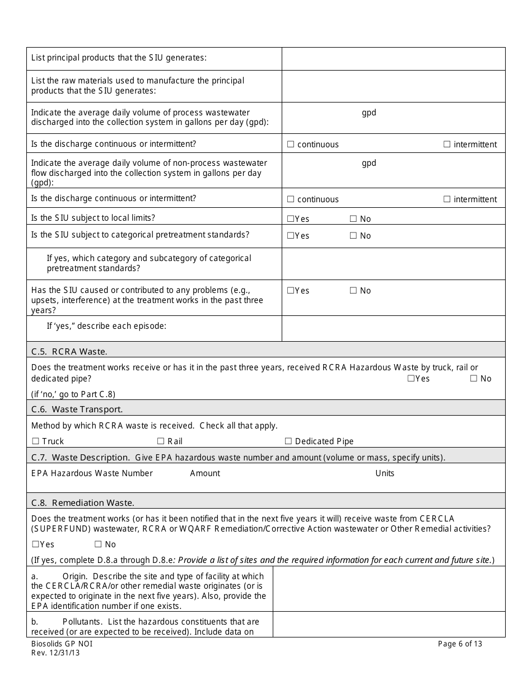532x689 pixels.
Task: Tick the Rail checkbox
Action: pyautogui.click(x=161, y=441)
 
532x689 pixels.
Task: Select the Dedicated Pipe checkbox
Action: pyautogui.click(x=288, y=441)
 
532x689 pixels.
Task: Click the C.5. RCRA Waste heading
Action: pyautogui.click(x=69, y=351)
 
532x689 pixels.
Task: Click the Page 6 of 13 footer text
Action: pyautogui.click(x=460, y=644)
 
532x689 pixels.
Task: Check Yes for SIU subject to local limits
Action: pyautogui.click(x=291, y=219)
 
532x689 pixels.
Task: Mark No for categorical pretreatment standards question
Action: pyautogui.click(x=353, y=236)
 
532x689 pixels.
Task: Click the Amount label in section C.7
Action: pyautogui.click(x=205, y=473)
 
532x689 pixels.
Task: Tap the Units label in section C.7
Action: pyautogui.click(x=385, y=473)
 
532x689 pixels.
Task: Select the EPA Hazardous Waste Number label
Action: pyautogui.click(x=92, y=473)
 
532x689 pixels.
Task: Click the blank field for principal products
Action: pyautogui.click(x=393, y=58)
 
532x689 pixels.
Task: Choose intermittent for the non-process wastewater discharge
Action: pyautogui.click(x=447, y=199)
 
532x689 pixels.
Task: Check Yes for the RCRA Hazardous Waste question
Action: pyautogui.click(x=411, y=379)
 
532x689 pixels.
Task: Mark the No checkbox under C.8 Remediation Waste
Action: pyautogui.click(x=98, y=544)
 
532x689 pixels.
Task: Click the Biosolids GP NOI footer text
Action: pyautogui.click(x=62, y=644)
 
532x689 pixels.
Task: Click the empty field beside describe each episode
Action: pyautogui.click(x=393, y=328)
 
